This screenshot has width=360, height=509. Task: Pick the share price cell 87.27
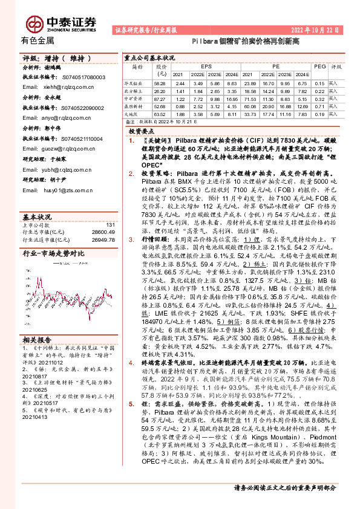click(160, 97)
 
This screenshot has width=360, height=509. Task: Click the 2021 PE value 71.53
click(249, 97)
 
